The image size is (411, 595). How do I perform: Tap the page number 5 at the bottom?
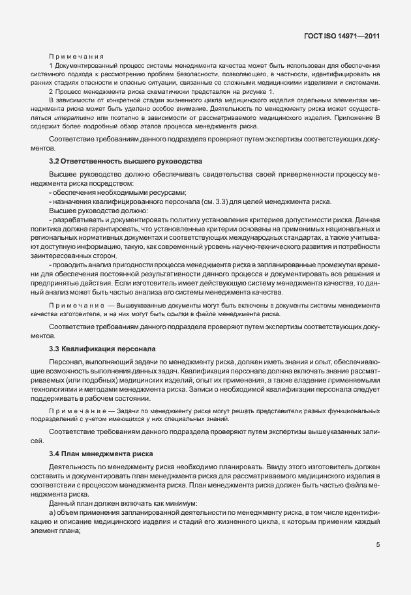[x=378, y=545]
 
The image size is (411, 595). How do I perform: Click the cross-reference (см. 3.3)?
[x=220, y=201]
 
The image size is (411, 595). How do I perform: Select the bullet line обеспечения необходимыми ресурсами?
[x=117, y=192]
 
